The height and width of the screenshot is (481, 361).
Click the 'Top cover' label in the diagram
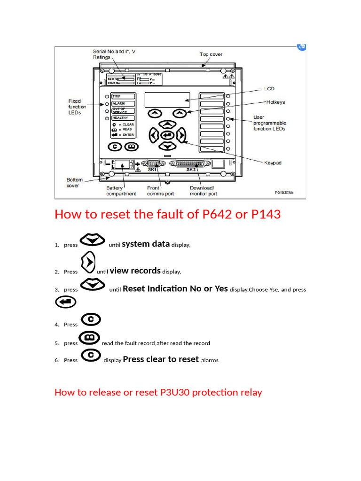pos(211,54)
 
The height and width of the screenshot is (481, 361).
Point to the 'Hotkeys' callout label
pos(275,102)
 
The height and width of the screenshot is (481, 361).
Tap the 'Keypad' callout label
pos(273,163)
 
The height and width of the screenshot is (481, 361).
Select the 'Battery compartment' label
pos(121,191)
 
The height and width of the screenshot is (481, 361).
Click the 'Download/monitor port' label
pos(203,191)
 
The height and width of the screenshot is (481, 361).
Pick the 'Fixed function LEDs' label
pos(77,107)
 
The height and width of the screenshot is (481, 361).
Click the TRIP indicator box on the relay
pos(123,96)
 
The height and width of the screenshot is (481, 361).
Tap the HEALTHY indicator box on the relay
pos(123,118)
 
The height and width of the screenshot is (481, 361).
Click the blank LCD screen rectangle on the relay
pos(167,100)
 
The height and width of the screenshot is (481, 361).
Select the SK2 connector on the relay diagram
pos(190,164)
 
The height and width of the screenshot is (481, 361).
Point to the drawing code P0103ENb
pos(286,193)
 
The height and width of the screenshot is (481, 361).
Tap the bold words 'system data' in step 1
pos(146,244)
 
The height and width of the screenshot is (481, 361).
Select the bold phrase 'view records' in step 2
pos(135,271)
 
